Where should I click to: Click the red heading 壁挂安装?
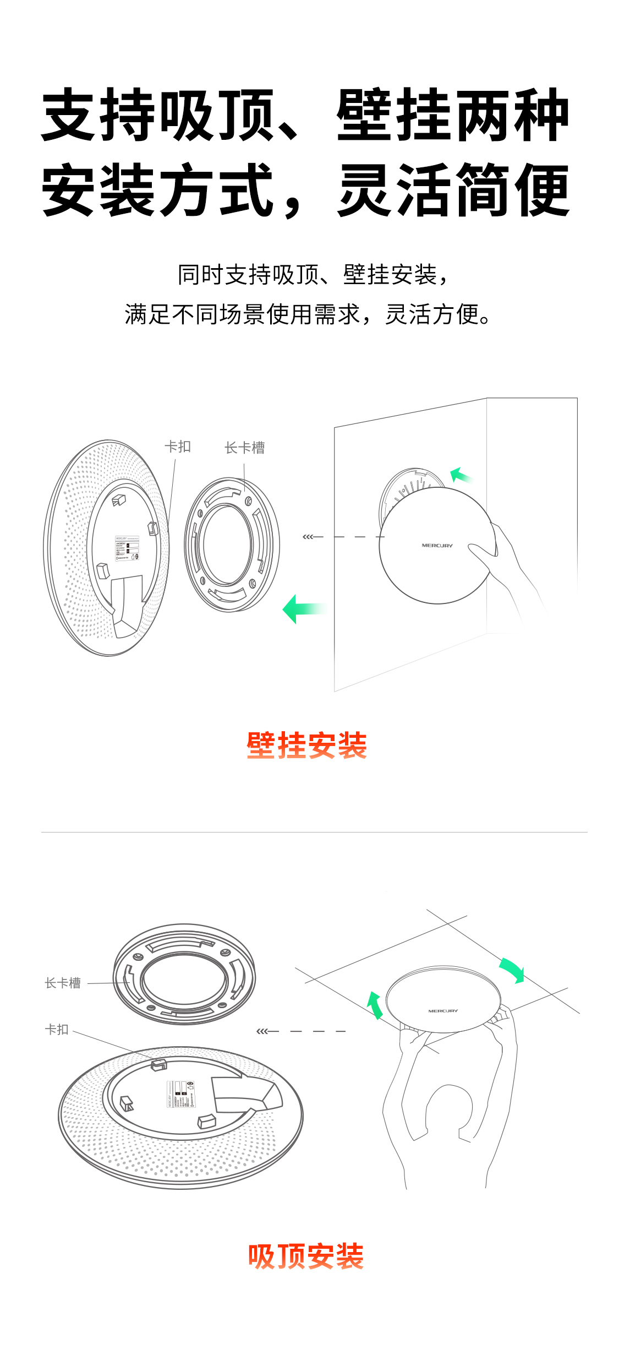(306, 745)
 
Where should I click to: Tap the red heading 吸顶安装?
(306, 1256)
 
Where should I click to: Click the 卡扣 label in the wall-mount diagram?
(178, 447)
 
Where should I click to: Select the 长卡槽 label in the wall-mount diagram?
(245, 448)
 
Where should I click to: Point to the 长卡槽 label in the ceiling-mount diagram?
(63, 983)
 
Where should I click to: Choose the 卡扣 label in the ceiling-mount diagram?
(57, 1029)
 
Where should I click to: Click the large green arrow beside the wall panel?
(303, 608)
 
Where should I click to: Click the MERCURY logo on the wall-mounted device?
(437, 545)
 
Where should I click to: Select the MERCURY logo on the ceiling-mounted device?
(443, 1011)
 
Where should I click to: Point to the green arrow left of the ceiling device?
(375, 1004)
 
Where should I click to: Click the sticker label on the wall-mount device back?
(127, 548)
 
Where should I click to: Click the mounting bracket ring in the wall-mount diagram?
(232, 545)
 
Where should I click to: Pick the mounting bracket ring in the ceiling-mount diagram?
(184, 975)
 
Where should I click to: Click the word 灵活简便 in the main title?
(454, 190)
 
